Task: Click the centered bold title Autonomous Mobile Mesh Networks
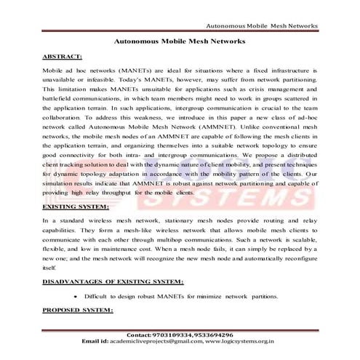(x=180, y=42)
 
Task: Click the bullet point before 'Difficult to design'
(x=76, y=297)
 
